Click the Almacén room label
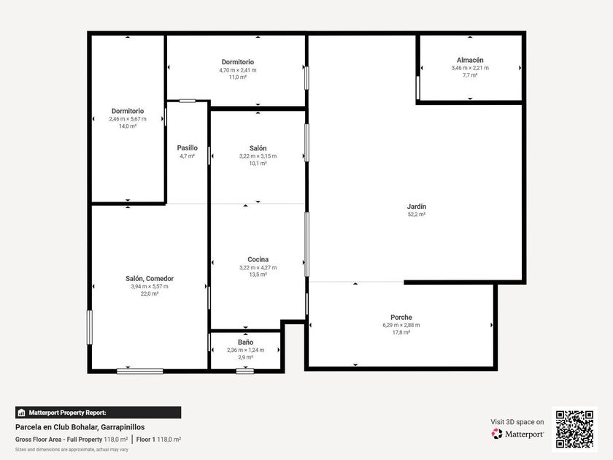click(470, 60)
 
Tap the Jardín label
click(417, 206)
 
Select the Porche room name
click(401, 317)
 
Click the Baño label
click(245, 342)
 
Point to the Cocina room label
click(258, 259)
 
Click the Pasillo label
click(188, 147)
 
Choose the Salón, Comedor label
click(150, 278)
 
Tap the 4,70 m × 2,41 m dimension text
click(238, 70)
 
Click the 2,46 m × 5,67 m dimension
click(128, 119)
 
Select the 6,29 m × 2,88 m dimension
click(401, 325)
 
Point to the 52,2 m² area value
click(417, 215)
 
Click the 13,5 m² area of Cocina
click(258, 275)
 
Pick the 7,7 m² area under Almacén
click(470, 75)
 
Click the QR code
click(574, 429)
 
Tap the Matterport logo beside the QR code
click(517, 434)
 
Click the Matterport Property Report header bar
click(98, 413)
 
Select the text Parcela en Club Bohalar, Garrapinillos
click(80, 427)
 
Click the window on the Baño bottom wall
click(245, 371)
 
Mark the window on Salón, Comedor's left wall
click(90, 327)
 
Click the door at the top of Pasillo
click(188, 101)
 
